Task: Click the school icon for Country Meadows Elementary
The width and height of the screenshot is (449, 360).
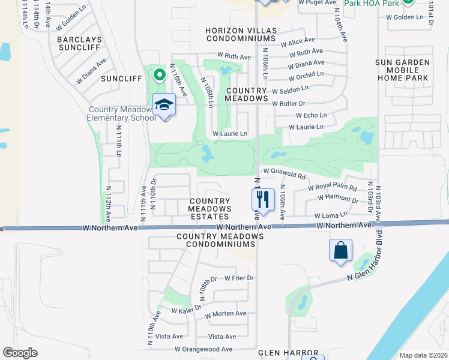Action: [x=164, y=106]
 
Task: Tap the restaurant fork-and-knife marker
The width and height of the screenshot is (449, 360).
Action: [x=262, y=199]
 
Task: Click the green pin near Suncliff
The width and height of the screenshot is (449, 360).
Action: [x=159, y=76]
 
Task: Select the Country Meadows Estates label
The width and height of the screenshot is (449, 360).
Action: [x=209, y=209]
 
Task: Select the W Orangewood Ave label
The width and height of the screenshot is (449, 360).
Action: [x=203, y=349]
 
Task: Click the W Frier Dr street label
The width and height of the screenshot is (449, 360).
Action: [x=240, y=278]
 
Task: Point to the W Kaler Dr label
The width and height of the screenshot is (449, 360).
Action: [x=185, y=311]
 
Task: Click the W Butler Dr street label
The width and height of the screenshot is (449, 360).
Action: [x=289, y=104]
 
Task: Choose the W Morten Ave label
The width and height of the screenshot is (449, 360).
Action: [x=225, y=314]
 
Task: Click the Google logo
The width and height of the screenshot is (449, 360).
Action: [x=20, y=353]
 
